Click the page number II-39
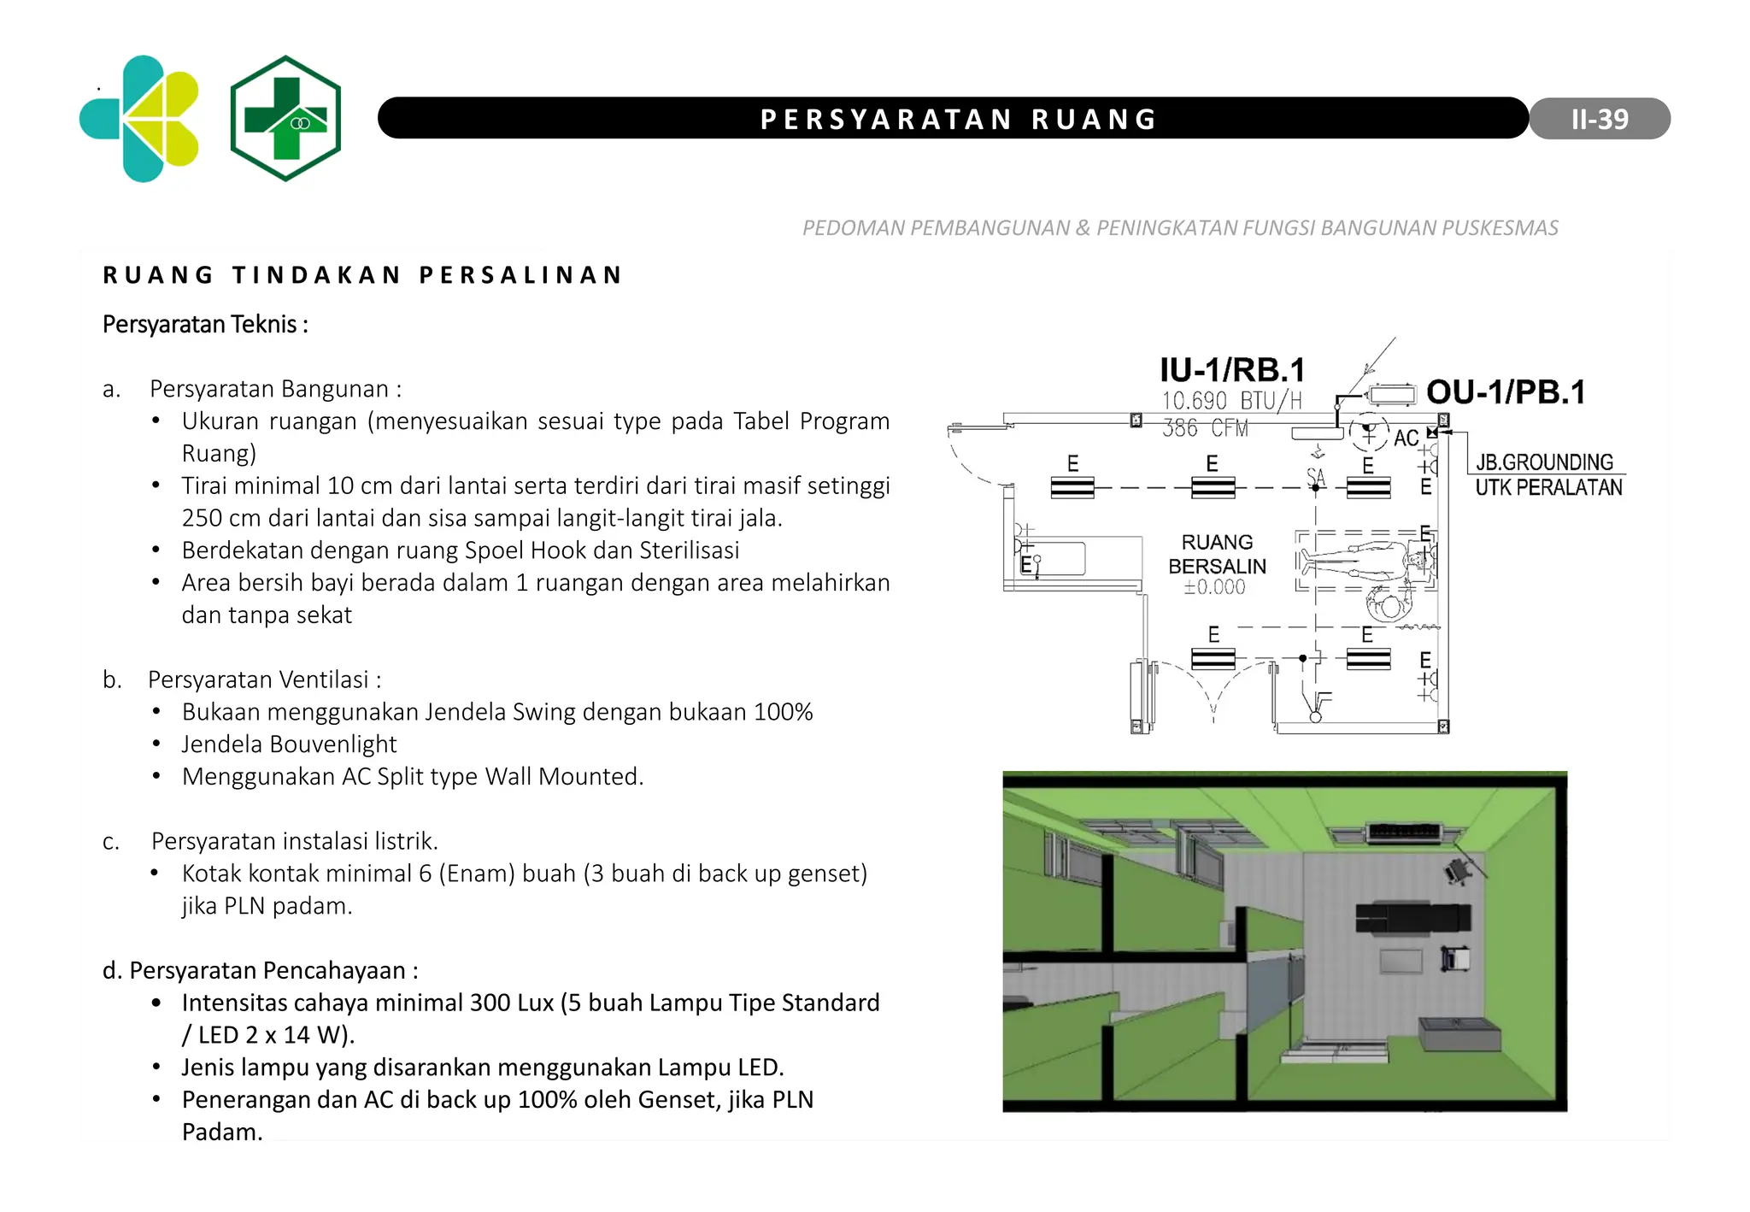click(x=1599, y=119)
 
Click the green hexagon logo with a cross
click(x=285, y=118)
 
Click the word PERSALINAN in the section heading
click(x=521, y=275)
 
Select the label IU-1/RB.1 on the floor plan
click(x=1231, y=370)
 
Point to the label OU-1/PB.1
click(x=1506, y=392)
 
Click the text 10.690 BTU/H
click(x=1231, y=401)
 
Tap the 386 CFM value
click(x=1205, y=428)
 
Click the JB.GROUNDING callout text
click(x=1544, y=462)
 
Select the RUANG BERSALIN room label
click(x=1217, y=554)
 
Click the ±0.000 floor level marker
click(x=1214, y=587)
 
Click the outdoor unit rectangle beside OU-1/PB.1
click(x=1392, y=394)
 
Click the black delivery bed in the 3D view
click(x=1412, y=917)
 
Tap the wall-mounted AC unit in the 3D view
click(x=1405, y=831)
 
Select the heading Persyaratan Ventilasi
click(x=264, y=680)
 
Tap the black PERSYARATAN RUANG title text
click(x=959, y=119)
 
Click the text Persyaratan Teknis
click(x=205, y=325)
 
